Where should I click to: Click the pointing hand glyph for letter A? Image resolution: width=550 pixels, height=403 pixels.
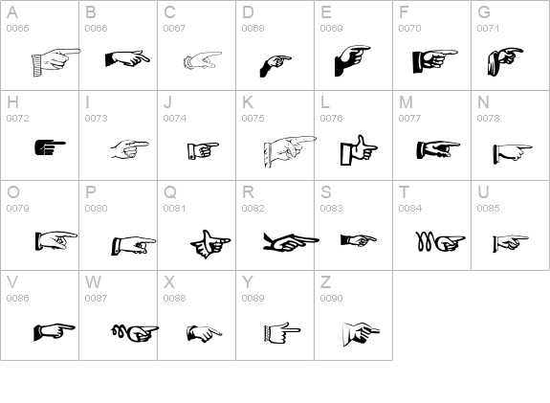tap(56, 62)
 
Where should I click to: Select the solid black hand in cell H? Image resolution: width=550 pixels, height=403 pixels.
tap(50, 147)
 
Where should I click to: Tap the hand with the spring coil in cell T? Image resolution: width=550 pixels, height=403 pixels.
tap(441, 241)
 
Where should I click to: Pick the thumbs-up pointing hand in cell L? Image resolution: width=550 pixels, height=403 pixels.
tap(359, 150)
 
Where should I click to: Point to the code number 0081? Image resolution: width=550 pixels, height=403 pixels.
tap(175, 208)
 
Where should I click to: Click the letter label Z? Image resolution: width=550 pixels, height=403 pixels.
tap(325, 282)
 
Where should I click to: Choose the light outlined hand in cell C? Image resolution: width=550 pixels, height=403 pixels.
tap(203, 60)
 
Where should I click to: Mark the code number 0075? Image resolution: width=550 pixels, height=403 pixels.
tap(253, 119)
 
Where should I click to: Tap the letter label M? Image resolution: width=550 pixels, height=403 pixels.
tap(406, 102)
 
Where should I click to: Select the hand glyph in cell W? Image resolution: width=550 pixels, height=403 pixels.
tap(135, 333)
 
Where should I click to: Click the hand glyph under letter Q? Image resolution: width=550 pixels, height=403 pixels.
tap(210, 244)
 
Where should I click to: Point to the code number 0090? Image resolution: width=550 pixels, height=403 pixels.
tap(332, 298)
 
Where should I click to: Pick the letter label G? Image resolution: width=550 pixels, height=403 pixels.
tap(484, 12)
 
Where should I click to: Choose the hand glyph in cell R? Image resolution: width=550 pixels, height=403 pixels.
tap(291, 241)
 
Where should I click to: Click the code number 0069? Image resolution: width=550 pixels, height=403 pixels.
tap(332, 28)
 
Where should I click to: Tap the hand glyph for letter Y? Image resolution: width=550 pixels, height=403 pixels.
tap(282, 332)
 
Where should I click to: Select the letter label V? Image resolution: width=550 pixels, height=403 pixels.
tap(12, 282)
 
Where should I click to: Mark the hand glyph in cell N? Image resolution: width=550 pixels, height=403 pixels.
tap(513, 153)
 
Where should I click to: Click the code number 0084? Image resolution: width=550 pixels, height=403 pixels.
tap(410, 208)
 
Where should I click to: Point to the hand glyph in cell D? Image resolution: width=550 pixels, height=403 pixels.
tap(275, 66)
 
